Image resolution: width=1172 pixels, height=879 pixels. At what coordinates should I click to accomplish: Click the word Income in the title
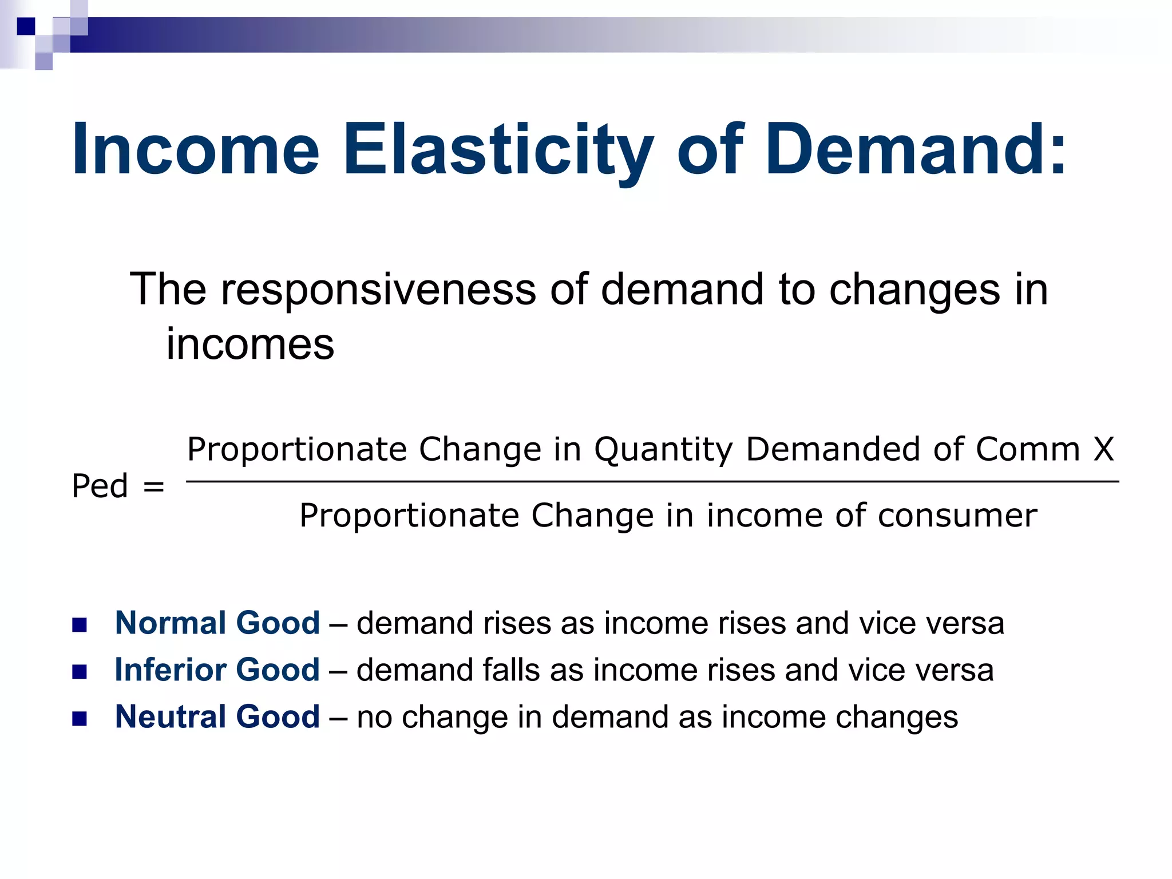195,150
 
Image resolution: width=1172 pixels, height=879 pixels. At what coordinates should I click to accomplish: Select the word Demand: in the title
916,150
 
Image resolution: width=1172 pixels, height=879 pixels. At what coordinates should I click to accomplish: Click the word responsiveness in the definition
378,290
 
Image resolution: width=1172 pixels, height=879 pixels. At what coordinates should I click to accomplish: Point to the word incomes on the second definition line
250,345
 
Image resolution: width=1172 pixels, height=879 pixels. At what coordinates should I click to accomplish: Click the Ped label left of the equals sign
100,486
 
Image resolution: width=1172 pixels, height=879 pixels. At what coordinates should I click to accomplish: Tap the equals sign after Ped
153,488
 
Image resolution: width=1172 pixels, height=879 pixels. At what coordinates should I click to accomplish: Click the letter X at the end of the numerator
1103,449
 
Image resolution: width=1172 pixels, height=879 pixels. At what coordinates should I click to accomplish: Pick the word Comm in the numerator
1027,449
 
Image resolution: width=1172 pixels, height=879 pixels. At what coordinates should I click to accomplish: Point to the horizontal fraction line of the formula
652,482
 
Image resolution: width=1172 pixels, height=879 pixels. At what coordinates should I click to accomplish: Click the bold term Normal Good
217,623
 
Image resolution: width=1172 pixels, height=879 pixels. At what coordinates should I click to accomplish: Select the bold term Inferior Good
217,670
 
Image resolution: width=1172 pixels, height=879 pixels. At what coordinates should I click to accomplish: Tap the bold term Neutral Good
217,716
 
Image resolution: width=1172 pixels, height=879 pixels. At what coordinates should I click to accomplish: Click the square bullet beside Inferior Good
80,671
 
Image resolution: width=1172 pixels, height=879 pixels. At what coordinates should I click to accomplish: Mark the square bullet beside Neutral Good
80,718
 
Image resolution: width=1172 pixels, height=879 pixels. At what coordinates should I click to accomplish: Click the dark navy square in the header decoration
26,26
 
